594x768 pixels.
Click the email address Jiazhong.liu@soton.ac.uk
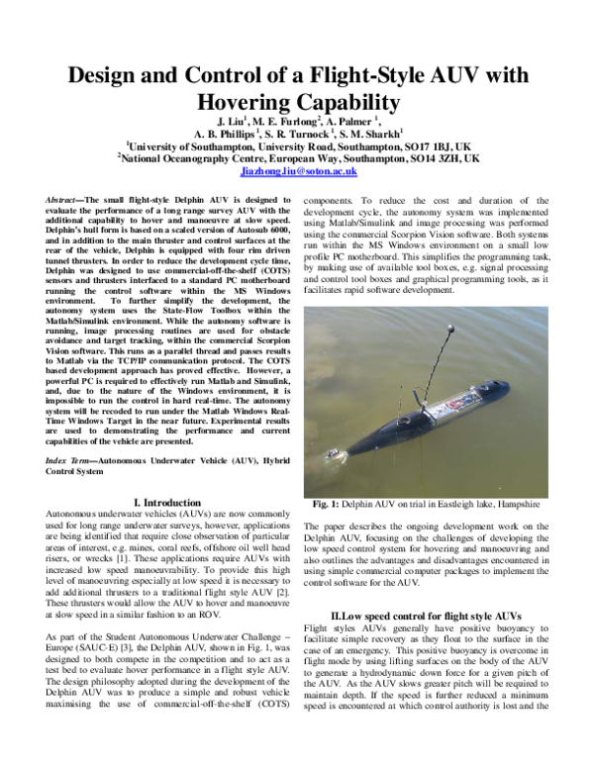298,171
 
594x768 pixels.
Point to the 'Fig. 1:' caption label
326,499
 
